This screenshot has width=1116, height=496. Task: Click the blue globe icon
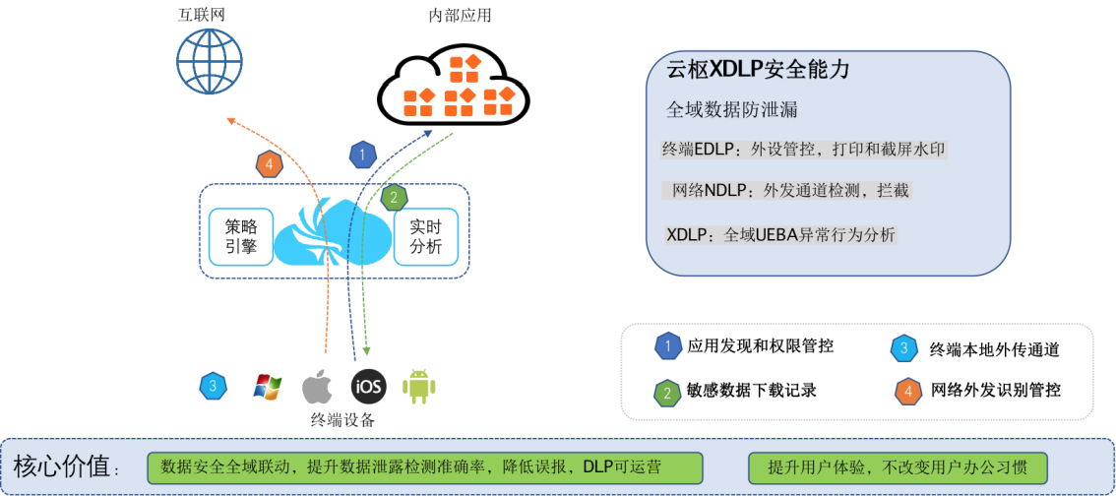209,61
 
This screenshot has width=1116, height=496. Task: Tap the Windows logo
267,386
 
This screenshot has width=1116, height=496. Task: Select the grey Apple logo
316,386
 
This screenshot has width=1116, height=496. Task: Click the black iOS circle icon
369,386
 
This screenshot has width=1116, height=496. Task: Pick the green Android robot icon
418,386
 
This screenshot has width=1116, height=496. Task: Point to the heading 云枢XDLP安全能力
758,70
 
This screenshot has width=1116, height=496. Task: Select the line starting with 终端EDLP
804,150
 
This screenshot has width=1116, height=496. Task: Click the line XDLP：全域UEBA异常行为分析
780,235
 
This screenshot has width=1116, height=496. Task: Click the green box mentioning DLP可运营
424,467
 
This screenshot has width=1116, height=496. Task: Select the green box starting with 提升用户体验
896,467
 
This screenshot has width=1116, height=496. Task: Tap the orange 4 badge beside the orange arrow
270,164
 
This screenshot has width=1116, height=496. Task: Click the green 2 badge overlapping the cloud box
395,198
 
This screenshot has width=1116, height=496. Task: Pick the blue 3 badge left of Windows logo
213,386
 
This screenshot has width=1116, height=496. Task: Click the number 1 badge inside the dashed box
669,346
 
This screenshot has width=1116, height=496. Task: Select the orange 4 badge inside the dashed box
907,392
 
